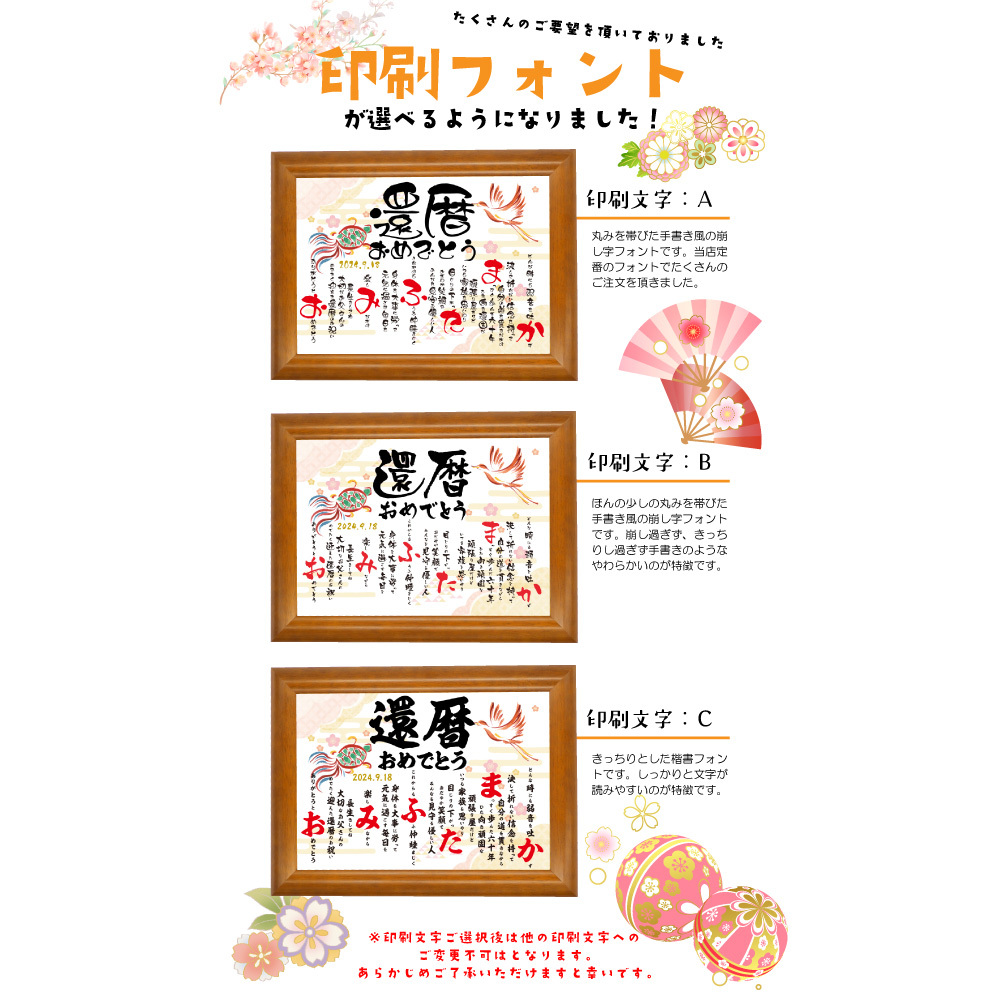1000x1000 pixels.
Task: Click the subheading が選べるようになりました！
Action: tap(500, 116)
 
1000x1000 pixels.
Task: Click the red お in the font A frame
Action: tap(308, 302)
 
